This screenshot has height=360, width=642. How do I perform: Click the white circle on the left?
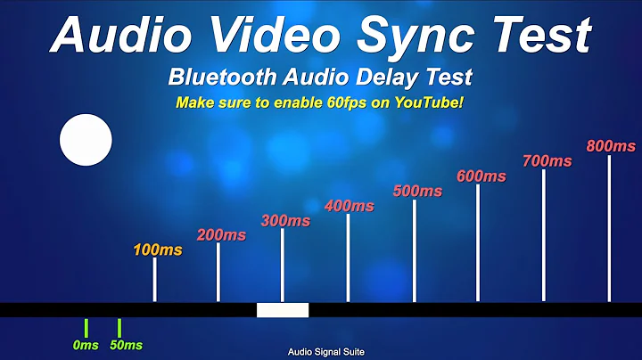86,141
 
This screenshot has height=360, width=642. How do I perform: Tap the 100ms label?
157,250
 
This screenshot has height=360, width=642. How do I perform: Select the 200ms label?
221,235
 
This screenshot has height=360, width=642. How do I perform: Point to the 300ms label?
285,221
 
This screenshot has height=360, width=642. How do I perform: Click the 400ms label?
350,206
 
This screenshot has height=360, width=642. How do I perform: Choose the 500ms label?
417,191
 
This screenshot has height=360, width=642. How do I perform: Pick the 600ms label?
481,176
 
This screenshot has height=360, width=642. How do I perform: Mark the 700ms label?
547,161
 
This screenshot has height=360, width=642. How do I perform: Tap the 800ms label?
611,146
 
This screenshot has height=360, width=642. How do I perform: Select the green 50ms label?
126,345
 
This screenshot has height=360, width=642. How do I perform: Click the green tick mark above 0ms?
86,327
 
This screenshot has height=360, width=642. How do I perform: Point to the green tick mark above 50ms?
119,327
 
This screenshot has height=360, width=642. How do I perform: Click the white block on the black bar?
283,310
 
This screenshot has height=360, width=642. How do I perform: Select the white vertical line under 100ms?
155,280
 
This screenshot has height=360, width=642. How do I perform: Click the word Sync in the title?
418,36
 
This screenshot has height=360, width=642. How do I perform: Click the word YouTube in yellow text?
427,102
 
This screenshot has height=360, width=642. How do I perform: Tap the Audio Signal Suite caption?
325,352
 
